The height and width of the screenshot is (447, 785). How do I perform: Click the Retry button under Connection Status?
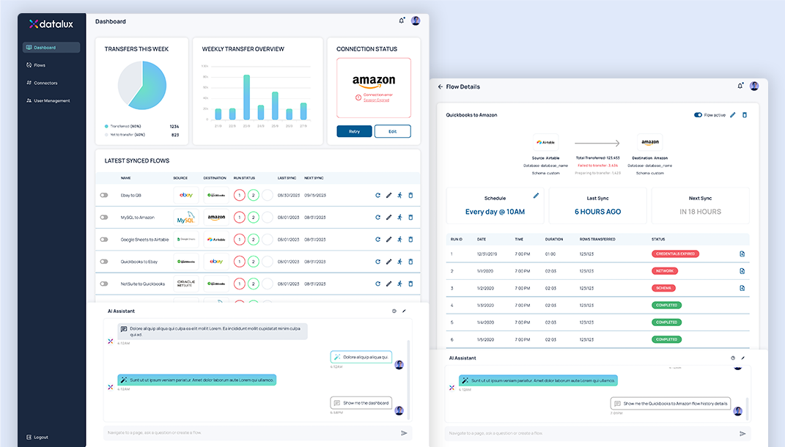(354, 131)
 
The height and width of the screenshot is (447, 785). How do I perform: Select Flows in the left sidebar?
(40, 65)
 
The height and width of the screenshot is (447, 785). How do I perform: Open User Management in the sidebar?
(51, 100)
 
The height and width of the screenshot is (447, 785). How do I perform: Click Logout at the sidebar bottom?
(40, 437)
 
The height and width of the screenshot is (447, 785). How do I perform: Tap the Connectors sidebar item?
(45, 83)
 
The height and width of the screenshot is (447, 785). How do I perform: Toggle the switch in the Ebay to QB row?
(104, 196)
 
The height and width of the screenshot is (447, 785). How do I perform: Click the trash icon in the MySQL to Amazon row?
(410, 218)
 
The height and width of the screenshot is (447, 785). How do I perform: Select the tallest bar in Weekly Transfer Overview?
(246, 97)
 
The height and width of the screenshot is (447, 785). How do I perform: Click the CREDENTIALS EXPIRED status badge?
(675, 254)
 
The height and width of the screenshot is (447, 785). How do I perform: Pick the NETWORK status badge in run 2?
(665, 271)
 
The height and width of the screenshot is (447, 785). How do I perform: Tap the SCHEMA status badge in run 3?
(664, 288)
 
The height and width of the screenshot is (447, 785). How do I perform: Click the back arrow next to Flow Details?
(441, 86)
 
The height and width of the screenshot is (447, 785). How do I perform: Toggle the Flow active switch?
(698, 115)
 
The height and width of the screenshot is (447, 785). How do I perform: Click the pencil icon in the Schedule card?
(536, 196)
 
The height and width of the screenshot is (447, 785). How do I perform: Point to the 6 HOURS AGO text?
(597, 212)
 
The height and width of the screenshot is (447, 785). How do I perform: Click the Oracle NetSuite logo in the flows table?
(186, 283)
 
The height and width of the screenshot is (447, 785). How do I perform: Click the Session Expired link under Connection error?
(376, 100)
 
